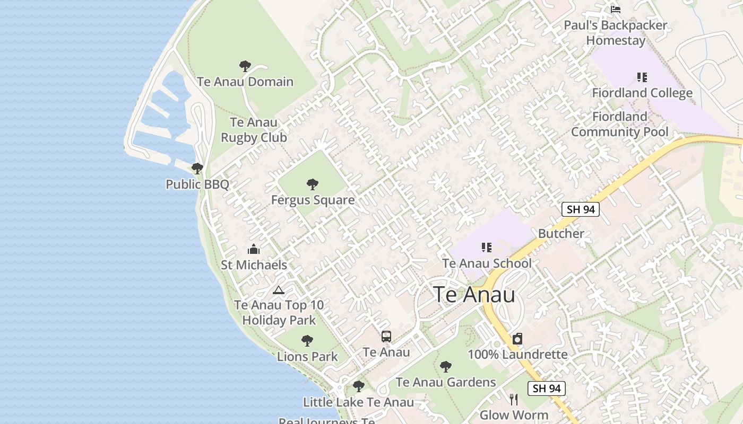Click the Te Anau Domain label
point(245,82)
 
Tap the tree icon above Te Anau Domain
point(245,66)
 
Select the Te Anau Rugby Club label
point(254,130)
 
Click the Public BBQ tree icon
point(197,169)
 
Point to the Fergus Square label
point(313,200)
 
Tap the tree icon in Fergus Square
point(313,184)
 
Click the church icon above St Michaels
point(254,249)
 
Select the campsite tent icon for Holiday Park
point(279,290)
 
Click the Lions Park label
point(307,357)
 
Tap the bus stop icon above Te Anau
point(386,336)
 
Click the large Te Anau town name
point(474,295)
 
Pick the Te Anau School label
point(487,263)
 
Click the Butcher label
point(561,233)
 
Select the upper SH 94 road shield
point(581,209)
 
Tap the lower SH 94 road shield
point(547,388)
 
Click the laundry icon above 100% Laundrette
point(517,339)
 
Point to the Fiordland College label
point(642,93)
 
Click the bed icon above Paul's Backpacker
point(616,9)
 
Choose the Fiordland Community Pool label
point(619,124)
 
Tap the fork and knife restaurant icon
point(514,399)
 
